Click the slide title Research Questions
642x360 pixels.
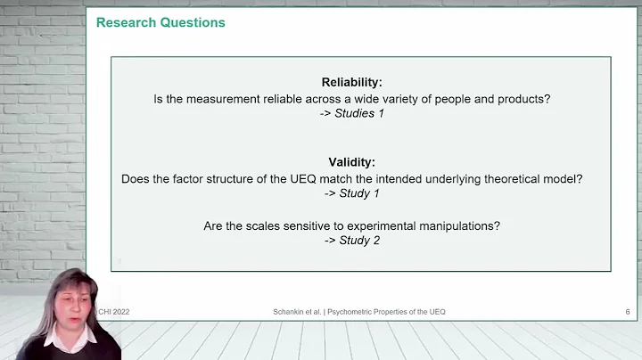click(x=160, y=22)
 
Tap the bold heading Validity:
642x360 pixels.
click(x=351, y=162)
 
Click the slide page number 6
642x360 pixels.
click(x=628, y=311)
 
